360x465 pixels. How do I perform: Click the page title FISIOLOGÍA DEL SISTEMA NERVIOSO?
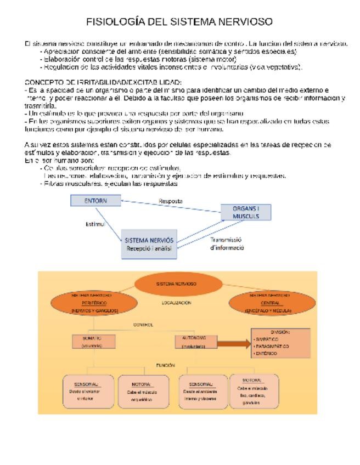[179, 22]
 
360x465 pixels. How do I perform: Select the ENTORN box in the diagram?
[95, 201]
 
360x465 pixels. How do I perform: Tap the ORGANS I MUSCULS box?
[246, 212]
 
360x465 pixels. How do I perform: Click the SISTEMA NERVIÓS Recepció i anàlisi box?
[149, 244]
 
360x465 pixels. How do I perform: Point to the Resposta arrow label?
[171, 201]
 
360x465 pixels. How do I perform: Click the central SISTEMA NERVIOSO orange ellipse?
[176, 284]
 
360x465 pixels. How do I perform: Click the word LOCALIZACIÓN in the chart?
[176, 303]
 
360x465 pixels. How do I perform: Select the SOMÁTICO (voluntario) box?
[92, 342]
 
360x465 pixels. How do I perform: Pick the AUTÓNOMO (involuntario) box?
[194, 342]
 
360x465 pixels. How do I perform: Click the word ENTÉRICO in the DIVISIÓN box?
[267, 354]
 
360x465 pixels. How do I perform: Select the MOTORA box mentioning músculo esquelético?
[142, 392]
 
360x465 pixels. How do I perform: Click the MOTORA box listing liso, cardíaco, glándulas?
[253, 390]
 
